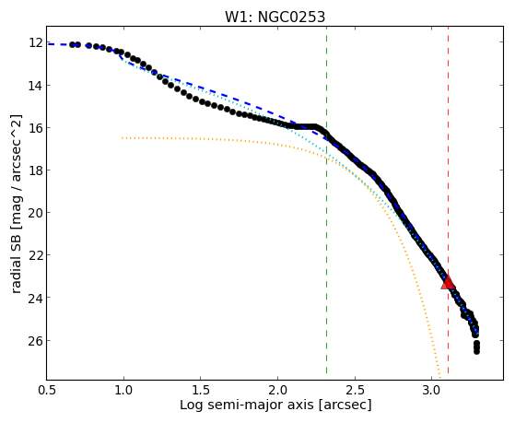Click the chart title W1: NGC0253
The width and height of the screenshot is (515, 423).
[x=275, y=18]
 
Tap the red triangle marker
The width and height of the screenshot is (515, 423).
[x=448, y=282]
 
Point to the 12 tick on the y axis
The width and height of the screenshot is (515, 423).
[x=36, y=42]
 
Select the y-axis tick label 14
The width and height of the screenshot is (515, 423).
[x=36, y=86]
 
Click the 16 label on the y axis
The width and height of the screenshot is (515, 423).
[x=36, y=128]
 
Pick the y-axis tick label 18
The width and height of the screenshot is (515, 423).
[x=36, y=170]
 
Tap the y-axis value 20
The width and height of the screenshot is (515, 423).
[x=36, y=213]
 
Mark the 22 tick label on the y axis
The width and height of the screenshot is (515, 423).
[x=36, y=255]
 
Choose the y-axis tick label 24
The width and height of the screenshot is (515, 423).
[x=36, y=298]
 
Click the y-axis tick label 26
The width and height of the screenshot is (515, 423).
[x=36, y=340]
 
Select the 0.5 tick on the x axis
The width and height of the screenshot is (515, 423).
[x=47, y=390]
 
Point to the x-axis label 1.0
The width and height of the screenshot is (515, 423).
[x=123, y=390]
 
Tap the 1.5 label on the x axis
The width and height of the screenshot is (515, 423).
[x=201, y=390]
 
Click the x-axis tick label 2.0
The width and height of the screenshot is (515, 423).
[x=277, y=390]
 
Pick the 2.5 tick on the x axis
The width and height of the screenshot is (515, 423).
[x=355, y=390]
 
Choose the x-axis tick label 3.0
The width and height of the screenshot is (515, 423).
[x=431, y=390]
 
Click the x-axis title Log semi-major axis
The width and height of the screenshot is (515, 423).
[x=247, y=405]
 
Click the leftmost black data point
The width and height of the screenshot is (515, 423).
[x=72, y=45]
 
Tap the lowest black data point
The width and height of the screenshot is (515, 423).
[x=476, y=352]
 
